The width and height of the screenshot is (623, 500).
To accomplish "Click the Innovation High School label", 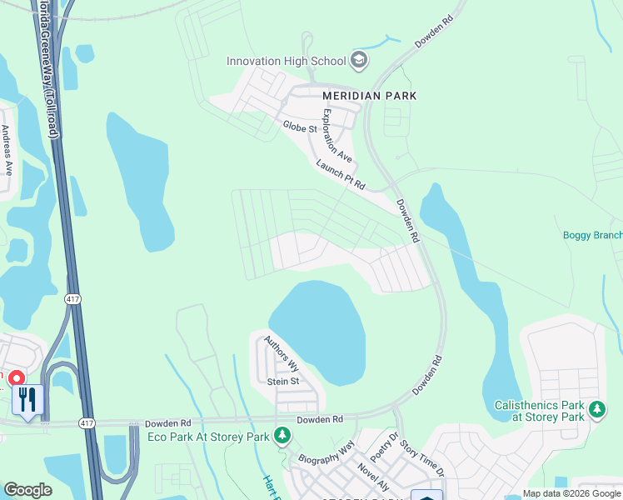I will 287,61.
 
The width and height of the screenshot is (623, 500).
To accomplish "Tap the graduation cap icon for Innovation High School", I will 358,60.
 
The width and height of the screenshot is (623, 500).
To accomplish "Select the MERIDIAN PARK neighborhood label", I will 370,96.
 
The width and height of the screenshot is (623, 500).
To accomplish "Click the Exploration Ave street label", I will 337,135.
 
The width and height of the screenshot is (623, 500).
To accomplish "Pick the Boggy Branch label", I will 592,235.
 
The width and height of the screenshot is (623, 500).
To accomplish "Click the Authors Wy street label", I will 282,353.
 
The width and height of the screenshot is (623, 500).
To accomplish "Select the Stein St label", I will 283,382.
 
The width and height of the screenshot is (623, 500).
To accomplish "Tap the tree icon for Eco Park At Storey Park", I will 282,436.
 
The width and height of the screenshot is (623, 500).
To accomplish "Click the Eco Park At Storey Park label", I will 208,437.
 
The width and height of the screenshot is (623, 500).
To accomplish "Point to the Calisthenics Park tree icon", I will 596,410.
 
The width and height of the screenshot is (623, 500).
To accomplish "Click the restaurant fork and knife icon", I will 27,399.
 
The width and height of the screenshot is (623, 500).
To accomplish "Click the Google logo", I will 27,490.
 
